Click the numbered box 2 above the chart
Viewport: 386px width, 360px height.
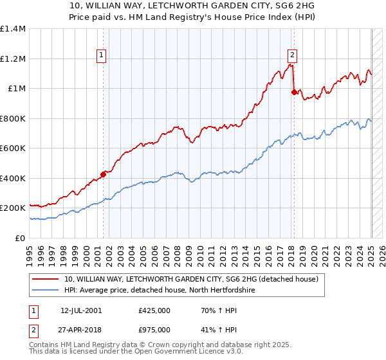[293, 56]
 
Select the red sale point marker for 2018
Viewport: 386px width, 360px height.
[294, 92]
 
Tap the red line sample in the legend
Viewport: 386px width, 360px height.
[46, 280]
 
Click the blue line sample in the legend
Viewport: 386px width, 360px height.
[46, 291]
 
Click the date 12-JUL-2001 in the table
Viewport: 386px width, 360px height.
[81, 310]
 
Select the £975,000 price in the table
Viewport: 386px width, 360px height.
[154, 330]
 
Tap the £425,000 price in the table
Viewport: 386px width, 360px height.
[154, 310]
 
